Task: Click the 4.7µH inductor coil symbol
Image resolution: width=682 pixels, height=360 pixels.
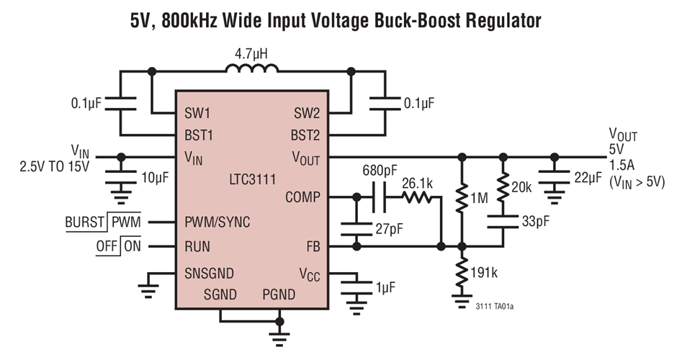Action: coord(251,69)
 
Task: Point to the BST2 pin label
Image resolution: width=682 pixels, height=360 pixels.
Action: coord(305,135)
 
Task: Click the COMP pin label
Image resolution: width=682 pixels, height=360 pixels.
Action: coord(303,197)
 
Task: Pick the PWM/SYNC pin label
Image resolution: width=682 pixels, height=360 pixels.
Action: coord(217,222)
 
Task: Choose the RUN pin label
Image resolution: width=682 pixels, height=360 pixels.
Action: coord(197,246)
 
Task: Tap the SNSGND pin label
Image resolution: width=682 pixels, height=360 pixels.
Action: coord(209,274)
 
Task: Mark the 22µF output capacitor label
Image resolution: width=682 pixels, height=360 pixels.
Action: coord(587,178)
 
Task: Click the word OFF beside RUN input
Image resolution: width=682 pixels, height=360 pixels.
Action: coord(107,246)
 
